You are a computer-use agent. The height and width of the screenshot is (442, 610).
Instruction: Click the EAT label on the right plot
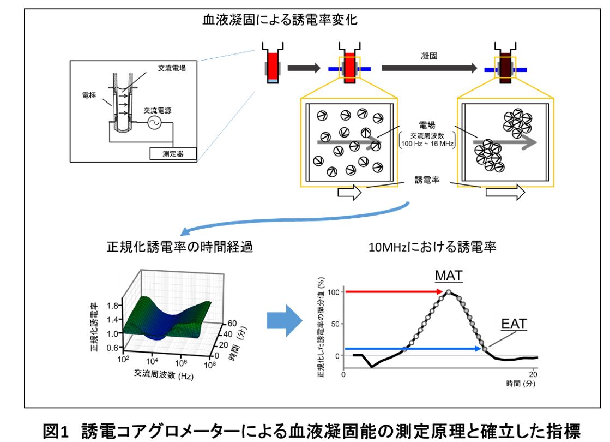(515, 325)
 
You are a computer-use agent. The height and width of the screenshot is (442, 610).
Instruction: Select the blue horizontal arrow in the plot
(414, 348)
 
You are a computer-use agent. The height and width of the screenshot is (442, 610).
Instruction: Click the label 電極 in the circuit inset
(88, 94)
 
